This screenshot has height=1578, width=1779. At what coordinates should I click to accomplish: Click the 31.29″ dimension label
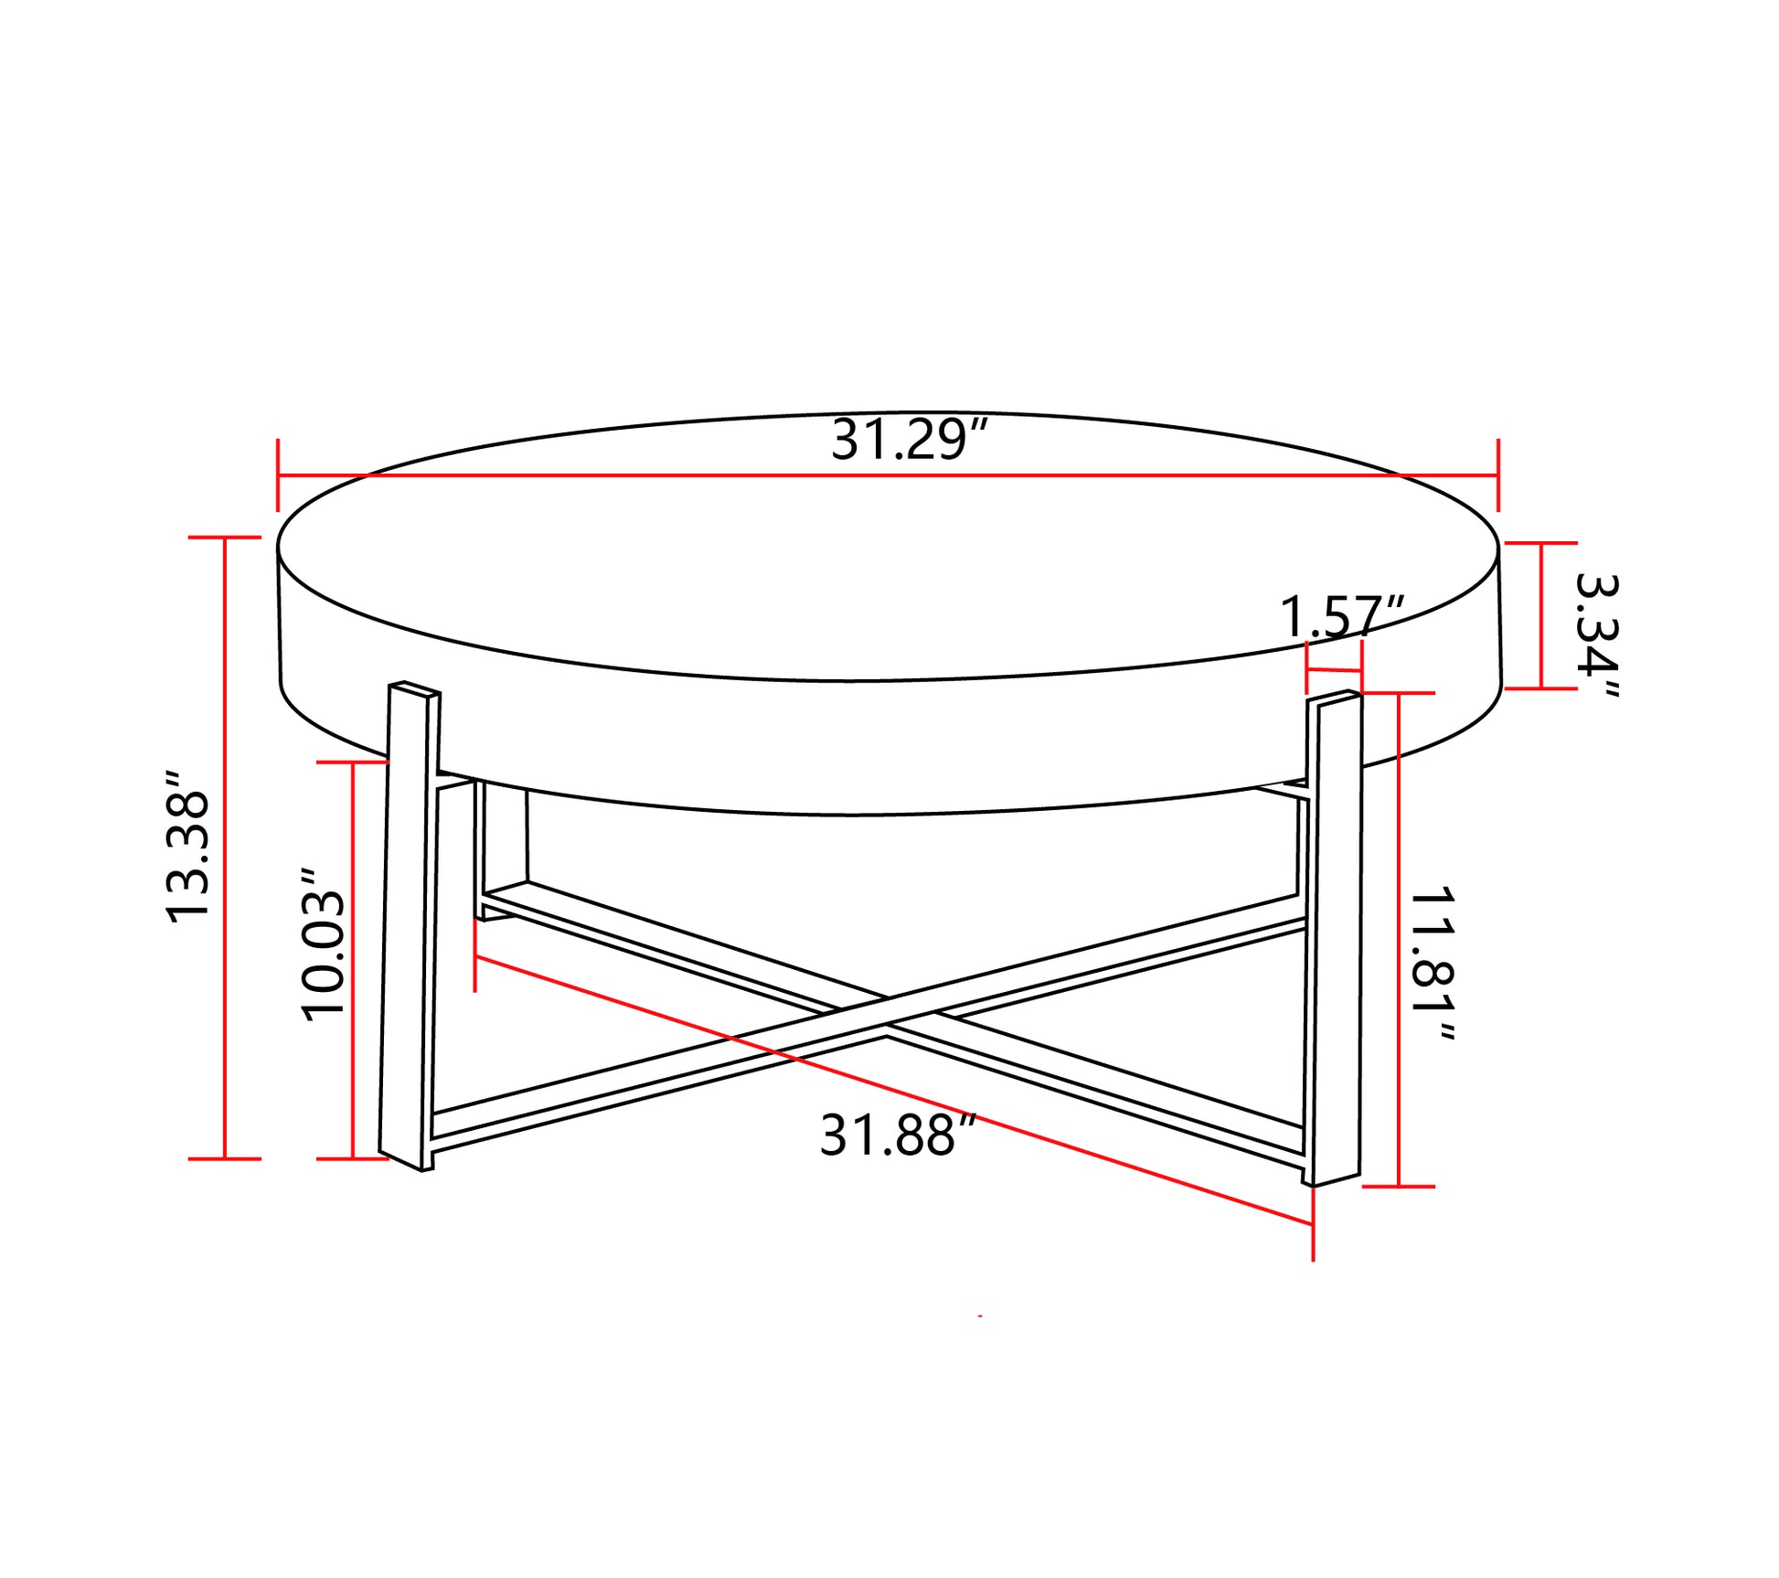(910, 441)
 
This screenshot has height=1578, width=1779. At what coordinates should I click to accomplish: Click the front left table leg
(409, 925)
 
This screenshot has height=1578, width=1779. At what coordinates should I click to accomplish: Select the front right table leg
(1336, 938)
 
